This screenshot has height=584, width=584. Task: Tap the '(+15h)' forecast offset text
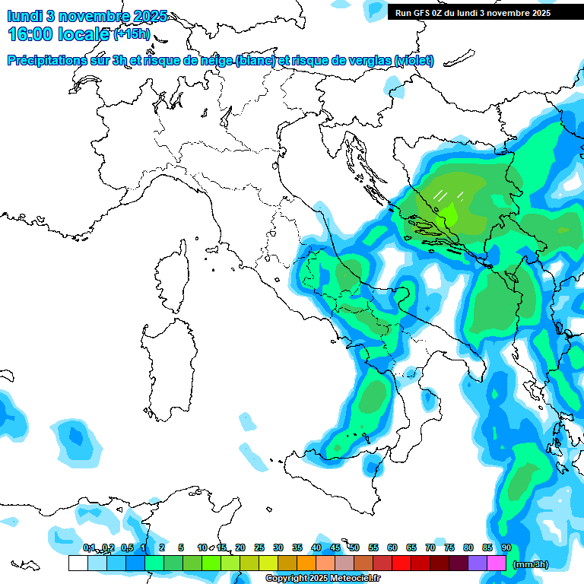pyautogui.click(x=132, y=34)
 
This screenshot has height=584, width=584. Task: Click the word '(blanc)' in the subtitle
pyautogui.click(x=255, y=60)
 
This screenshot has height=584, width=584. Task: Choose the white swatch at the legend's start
pyautogui.click(x=78, y=563)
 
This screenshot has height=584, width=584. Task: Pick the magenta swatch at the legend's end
pyautogui.click(x=497, y=563)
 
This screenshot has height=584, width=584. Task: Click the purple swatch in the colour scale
pyautogui.click(x=478, y=563)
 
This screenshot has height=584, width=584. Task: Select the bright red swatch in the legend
pyautogui.click(x=401, y=563)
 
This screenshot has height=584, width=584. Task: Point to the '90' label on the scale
pyautogui.click(x=506, y=547)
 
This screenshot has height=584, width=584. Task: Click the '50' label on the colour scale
pyautogui.click(x=354, y=547)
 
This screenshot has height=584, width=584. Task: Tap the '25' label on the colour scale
pyautogui.click(x=259, y=547)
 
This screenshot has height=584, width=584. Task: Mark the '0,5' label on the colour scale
pyautogui.click(x=126, y=547)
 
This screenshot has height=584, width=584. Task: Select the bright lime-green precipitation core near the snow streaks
pyautogui.click(x=451, y=215)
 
